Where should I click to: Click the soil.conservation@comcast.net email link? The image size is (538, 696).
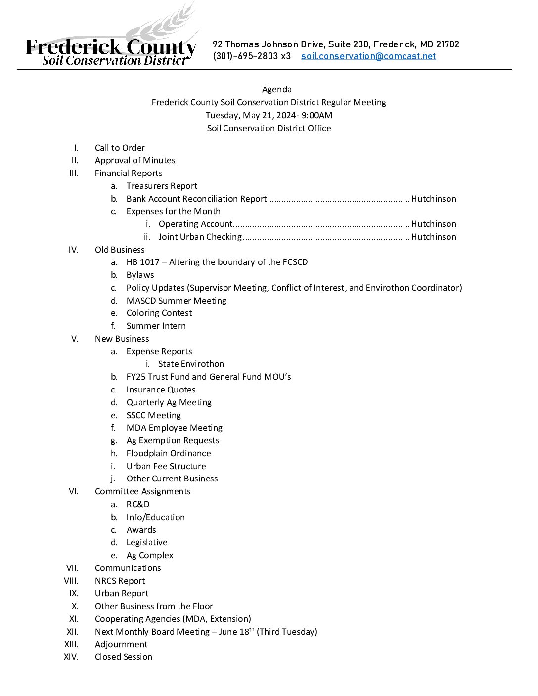pos(368,56)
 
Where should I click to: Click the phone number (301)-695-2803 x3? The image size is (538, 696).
pos(252,56)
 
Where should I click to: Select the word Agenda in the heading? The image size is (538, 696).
pos(276,89)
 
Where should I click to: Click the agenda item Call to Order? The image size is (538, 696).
pos(120,148)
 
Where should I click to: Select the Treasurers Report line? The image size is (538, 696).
pos(162,186)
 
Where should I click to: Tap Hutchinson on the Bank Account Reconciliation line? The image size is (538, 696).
pos(434,199)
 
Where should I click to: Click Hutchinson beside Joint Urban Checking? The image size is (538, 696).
pos(434,237)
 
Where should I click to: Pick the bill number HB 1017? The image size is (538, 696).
pos(143,262)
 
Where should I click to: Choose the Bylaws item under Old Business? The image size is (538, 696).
pos(140,275)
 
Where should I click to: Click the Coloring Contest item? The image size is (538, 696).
pos(159,313)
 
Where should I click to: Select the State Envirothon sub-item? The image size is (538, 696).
pos(191,364)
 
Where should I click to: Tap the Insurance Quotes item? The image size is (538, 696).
pos(161,390)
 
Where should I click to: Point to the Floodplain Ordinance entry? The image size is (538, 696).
pos(169,453)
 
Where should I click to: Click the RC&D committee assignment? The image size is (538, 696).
pos(138,504)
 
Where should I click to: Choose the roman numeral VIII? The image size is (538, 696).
pos(71,581)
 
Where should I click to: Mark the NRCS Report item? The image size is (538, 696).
pos(120,581)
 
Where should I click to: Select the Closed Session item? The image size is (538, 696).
pos(124,657)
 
